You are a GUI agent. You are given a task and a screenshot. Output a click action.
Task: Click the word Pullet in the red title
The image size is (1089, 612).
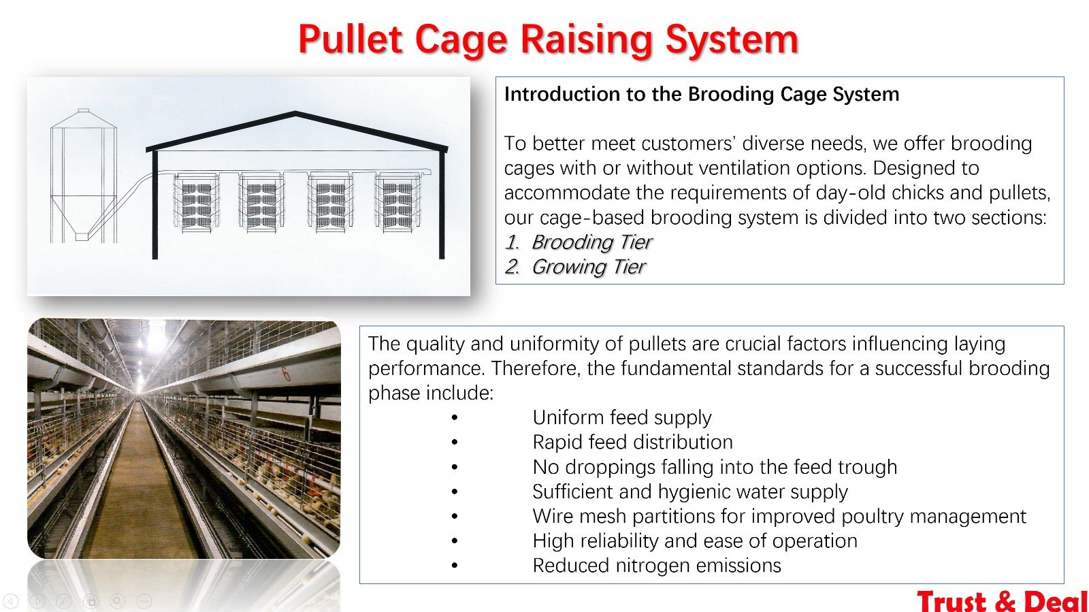350,39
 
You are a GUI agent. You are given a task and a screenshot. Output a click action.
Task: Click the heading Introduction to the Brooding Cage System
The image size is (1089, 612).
702,94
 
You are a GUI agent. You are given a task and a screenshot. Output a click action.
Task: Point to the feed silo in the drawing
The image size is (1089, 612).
84,176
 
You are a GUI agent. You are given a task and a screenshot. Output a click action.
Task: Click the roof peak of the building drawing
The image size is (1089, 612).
295,114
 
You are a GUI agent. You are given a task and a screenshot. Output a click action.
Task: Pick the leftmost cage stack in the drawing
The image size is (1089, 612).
197,203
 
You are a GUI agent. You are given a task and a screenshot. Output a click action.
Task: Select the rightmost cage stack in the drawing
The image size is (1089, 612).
397,203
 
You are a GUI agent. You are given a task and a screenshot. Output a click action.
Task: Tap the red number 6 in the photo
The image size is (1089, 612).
286,373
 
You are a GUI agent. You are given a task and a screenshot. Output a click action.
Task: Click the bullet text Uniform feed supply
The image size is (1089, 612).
622,417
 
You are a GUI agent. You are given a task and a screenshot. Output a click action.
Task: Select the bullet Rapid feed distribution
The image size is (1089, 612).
632,442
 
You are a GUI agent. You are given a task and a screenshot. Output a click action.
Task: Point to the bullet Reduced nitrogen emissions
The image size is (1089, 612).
657,566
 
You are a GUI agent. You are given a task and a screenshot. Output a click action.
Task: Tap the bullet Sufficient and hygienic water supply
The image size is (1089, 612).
690,492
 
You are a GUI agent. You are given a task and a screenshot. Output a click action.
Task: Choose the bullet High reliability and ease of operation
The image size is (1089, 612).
695,541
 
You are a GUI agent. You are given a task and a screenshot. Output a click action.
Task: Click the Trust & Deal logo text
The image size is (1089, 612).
1002,601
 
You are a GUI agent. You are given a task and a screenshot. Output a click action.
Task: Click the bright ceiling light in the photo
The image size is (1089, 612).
157,336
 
